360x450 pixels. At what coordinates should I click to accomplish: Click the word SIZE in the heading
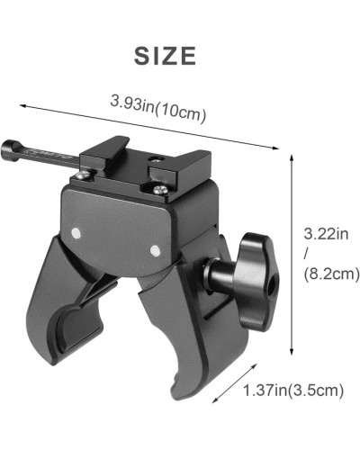point(165,56)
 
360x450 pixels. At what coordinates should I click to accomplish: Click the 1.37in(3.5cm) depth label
point(292,390)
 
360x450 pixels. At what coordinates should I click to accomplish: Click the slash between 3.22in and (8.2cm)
point(307,255)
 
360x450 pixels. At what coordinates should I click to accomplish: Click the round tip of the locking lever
point(8,147)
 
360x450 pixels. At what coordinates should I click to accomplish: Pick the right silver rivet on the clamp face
point(154,248)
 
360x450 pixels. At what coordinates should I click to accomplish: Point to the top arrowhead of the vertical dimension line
point(293,155)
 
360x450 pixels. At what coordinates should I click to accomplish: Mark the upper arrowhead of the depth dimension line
point(212,361)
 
